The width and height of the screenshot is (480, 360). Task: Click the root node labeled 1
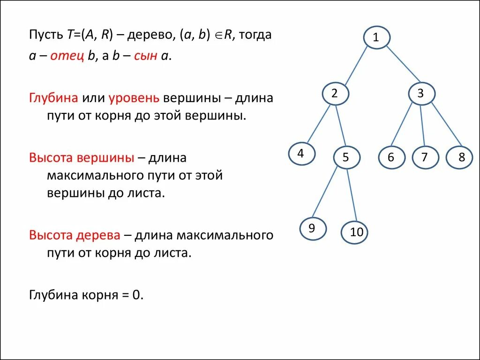(x=375, y=38)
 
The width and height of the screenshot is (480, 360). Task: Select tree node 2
(x=335, y=93)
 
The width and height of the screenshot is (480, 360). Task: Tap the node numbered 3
(x=420, y=93)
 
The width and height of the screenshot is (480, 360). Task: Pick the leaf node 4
(x=301, y=154)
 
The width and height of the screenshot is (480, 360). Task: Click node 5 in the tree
(x=346, y=157)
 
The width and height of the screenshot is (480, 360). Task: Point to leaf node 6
(x=391, y=157)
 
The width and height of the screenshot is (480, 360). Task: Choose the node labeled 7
(x=425, y=157)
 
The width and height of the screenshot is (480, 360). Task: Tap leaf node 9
(x=312, y=228)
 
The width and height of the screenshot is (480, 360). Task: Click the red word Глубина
(x=53, y=98)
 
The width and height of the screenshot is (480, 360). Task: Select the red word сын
(x=146, y=56)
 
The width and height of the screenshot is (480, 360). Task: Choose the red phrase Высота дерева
(x=75, y=235)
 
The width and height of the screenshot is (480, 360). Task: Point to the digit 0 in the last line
(x=136, y=295)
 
